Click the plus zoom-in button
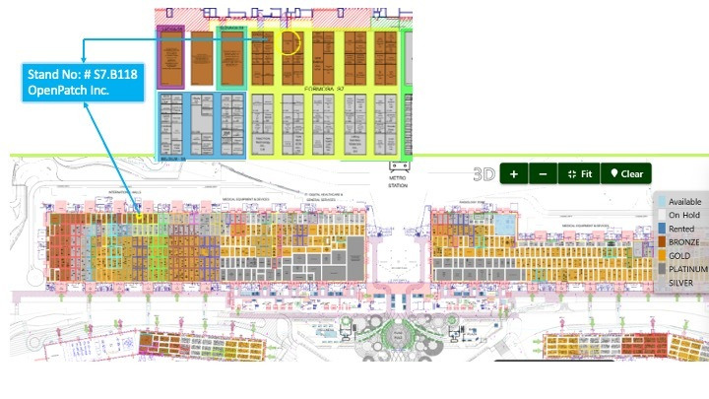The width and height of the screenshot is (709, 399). [513, 173]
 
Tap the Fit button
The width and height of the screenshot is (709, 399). [578, 173]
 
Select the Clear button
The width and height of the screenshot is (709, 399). [626, 173]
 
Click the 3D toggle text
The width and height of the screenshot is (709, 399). [483, 174]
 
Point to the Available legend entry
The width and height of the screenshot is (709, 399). [684, 201]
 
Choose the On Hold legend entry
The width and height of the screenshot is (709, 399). [683, 215]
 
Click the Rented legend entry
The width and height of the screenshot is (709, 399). [681, 229]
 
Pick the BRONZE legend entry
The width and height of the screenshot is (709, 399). [684, 241]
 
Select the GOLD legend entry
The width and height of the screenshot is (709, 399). [680, 255]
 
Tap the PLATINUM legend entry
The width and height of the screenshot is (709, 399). [687, 269]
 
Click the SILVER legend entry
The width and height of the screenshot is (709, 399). [682, 283]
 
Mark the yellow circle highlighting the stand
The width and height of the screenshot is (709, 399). [290, 42]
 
